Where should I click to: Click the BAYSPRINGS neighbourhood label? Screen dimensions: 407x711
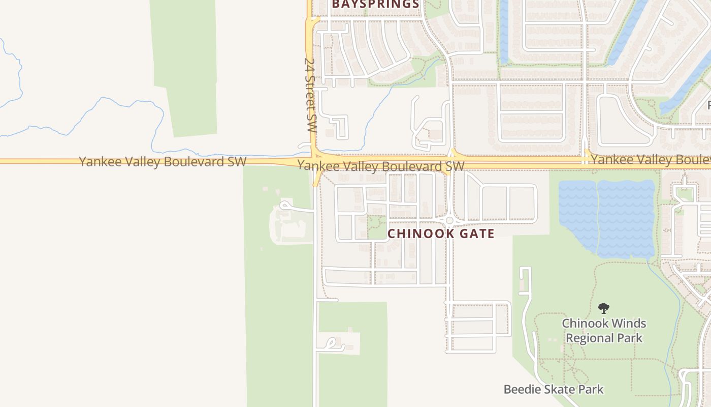pos(375,5)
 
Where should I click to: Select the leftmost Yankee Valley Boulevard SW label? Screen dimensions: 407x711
pos(163,162)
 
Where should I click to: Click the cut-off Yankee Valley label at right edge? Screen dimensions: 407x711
pos(650,160)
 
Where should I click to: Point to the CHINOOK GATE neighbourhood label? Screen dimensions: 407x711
pos(441,234)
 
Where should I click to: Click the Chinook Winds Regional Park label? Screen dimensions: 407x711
pos(604,330)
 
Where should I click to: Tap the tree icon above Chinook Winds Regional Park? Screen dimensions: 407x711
pos(604,308)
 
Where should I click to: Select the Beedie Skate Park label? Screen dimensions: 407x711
pos(554,390)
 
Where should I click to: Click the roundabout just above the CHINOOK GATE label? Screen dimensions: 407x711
pos(449,220)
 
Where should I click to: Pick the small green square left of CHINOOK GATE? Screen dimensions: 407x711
pos(377,227)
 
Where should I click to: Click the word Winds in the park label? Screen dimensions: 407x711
pos(628,323)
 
